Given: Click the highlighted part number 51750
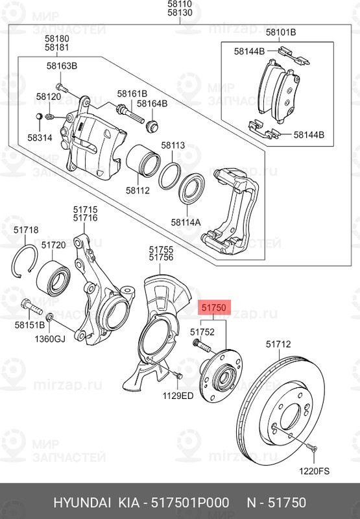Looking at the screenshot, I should (214, 308).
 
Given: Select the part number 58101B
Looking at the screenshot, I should (282, 32).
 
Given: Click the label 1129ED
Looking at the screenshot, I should (177, 395).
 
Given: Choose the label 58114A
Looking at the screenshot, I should (186, 222).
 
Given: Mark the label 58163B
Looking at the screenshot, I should (62, 66).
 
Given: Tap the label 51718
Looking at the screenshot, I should (26, 230).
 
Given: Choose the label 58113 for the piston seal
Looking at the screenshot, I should (173, 146).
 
